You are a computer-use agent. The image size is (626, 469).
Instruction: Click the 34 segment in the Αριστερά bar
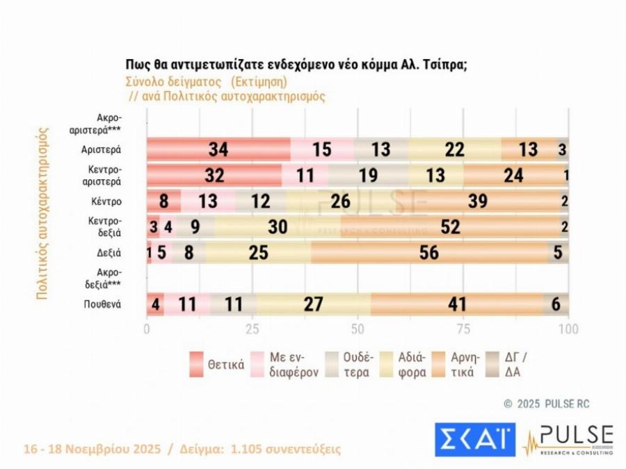(218, 149)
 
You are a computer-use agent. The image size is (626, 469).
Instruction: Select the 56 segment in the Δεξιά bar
(429, 253)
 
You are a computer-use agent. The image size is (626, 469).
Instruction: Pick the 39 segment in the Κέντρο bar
(477, 201)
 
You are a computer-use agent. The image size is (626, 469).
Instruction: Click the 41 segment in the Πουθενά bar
(456, 305)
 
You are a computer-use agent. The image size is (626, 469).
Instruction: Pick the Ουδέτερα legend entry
(351, 364)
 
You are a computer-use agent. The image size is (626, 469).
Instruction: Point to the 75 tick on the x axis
(463, 329)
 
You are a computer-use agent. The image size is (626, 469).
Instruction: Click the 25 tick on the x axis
(252, 329)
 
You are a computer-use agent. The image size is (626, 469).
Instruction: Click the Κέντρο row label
(106, 201)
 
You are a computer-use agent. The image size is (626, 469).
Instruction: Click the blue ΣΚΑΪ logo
(475, 438)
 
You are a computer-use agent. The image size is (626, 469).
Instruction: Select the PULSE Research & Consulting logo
(568, 439)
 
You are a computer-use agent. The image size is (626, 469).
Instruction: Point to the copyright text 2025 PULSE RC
(546, 403)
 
